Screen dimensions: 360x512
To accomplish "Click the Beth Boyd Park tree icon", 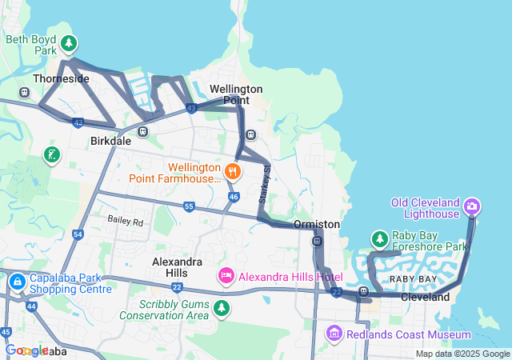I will click(x=70, y=42).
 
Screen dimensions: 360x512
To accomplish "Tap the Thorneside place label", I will click(x=61, y=79).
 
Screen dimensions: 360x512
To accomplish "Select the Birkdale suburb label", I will click(x=110, y=141).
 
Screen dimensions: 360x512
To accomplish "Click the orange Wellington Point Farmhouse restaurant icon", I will click(x=233, y=170).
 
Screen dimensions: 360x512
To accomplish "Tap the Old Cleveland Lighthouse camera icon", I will click(x=473, y=206).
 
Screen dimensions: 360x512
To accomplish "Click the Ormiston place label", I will click(x=318, y=224).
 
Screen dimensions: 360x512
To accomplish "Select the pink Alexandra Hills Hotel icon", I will click(x=226, y=276).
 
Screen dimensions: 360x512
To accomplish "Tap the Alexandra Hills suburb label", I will click(x=177, y=267).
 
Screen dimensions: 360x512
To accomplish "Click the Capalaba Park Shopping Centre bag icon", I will click(x=17, y=282).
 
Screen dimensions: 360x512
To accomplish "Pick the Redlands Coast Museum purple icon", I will click(x=334, y=333).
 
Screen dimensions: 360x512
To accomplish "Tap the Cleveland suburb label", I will click(x=425, y=297).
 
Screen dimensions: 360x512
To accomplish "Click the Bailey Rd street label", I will click(x=125, y=221).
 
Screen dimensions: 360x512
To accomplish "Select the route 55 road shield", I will click(x=189, y=206).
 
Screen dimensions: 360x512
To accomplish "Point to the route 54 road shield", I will click(x=78, y=234).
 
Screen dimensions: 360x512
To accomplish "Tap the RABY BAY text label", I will click(x=413, y=278).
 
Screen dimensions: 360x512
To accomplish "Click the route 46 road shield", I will click(x=233, y=196).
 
